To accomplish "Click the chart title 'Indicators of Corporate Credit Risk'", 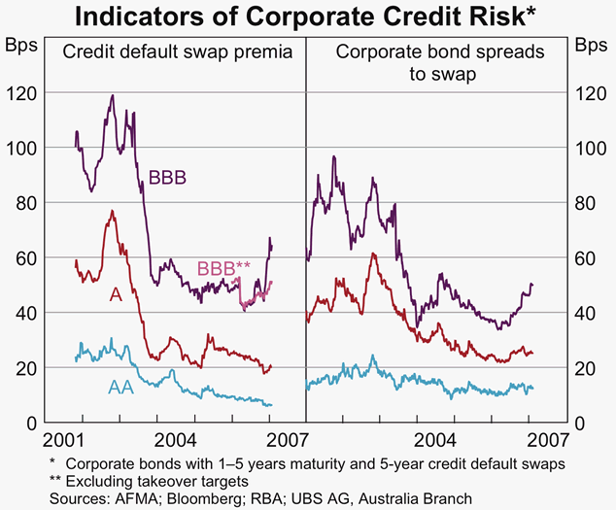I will point(307,17).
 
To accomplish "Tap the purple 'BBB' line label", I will point(168,178).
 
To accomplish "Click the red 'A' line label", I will point(115,293).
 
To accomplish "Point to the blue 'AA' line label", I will point(120,388).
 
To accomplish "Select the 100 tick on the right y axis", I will point(589,148).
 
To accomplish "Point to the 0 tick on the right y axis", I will point(580,424).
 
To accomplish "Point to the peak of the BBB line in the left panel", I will point(113,95).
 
